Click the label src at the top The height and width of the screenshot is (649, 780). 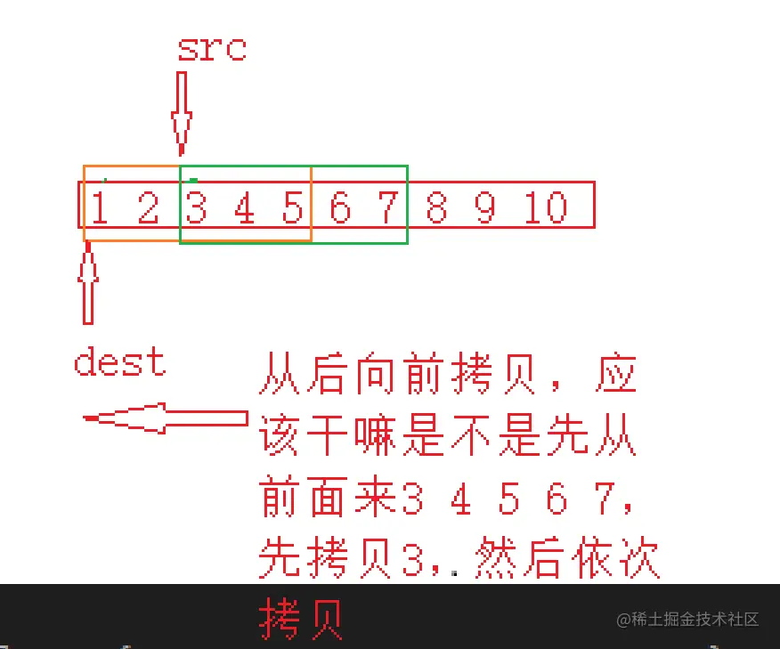211,48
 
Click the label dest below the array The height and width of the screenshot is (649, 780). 119,363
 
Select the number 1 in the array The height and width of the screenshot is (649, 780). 100,209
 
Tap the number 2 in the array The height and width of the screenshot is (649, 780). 148,209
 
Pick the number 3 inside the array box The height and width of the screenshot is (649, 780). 197,209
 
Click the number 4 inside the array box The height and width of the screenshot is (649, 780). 244,209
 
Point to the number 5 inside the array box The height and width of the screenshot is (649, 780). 292,209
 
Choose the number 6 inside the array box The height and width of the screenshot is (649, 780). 340,209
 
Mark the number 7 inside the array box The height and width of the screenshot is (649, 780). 388,209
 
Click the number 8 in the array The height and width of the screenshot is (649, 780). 436,209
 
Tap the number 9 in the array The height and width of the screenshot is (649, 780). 484,209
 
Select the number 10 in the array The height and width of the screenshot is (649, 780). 545,209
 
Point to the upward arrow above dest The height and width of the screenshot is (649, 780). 87,285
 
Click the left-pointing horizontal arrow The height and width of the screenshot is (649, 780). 165,418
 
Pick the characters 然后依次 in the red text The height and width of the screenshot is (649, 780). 567,560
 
